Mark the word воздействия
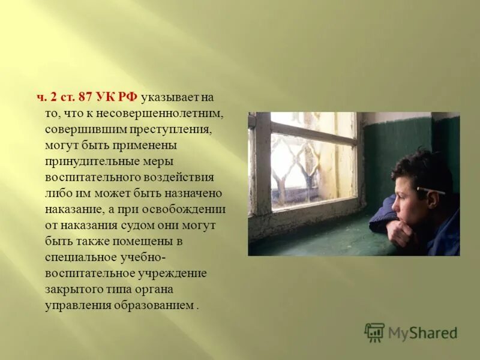click(179, 177)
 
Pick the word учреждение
click(172, 274)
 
